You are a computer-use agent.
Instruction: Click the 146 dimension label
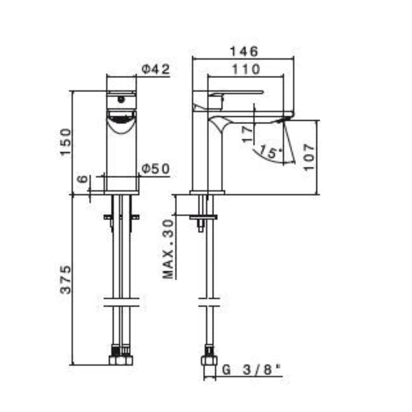(244, 51)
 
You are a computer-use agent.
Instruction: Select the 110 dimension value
(246, 70)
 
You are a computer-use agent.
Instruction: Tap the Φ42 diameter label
(156, 70)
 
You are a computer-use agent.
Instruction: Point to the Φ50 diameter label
(156, 169)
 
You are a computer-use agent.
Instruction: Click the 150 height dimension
(66, 142)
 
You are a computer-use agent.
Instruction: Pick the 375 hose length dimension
(66, 279)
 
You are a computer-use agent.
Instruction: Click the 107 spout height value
(310, 157)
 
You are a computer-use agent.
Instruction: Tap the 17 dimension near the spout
(248, 134)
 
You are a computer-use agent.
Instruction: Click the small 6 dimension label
(83, 180)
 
